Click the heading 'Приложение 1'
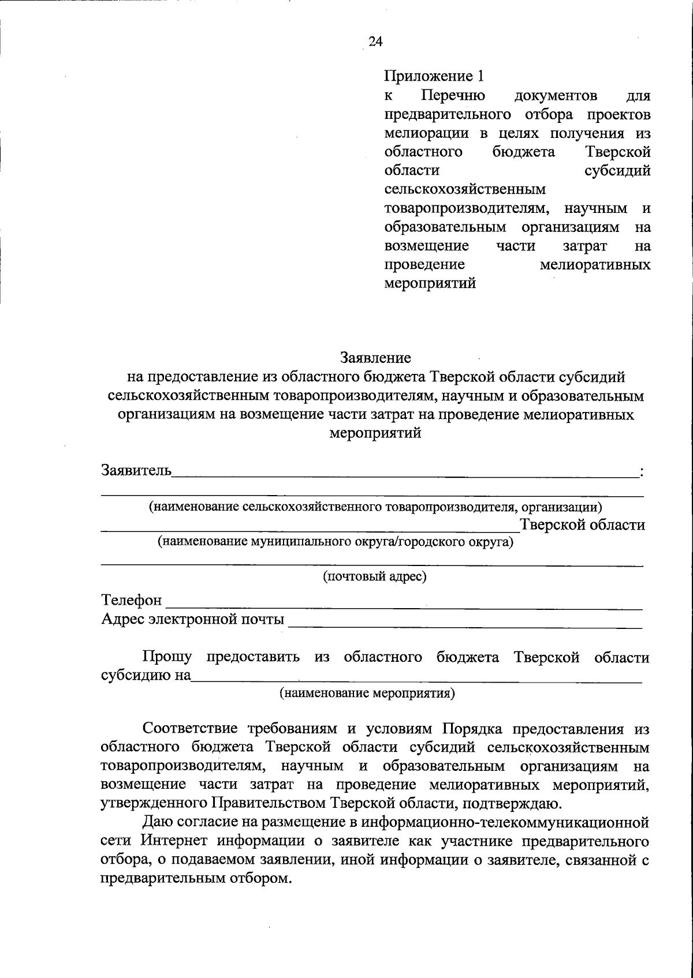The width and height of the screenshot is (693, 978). (x=433, y=76)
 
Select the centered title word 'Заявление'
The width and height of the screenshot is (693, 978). (x=375, y=358)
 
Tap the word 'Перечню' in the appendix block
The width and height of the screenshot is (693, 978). (x=453, y=95)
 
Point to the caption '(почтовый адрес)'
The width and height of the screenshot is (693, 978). (x=375, y=576)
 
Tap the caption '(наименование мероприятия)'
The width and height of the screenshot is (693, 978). (x=367, y=693)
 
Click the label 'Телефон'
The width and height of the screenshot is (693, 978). (x=132, y=601)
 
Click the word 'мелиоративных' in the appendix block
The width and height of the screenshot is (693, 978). (x=595, y=265)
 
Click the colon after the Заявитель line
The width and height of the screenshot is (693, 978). (x=642, y=473)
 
